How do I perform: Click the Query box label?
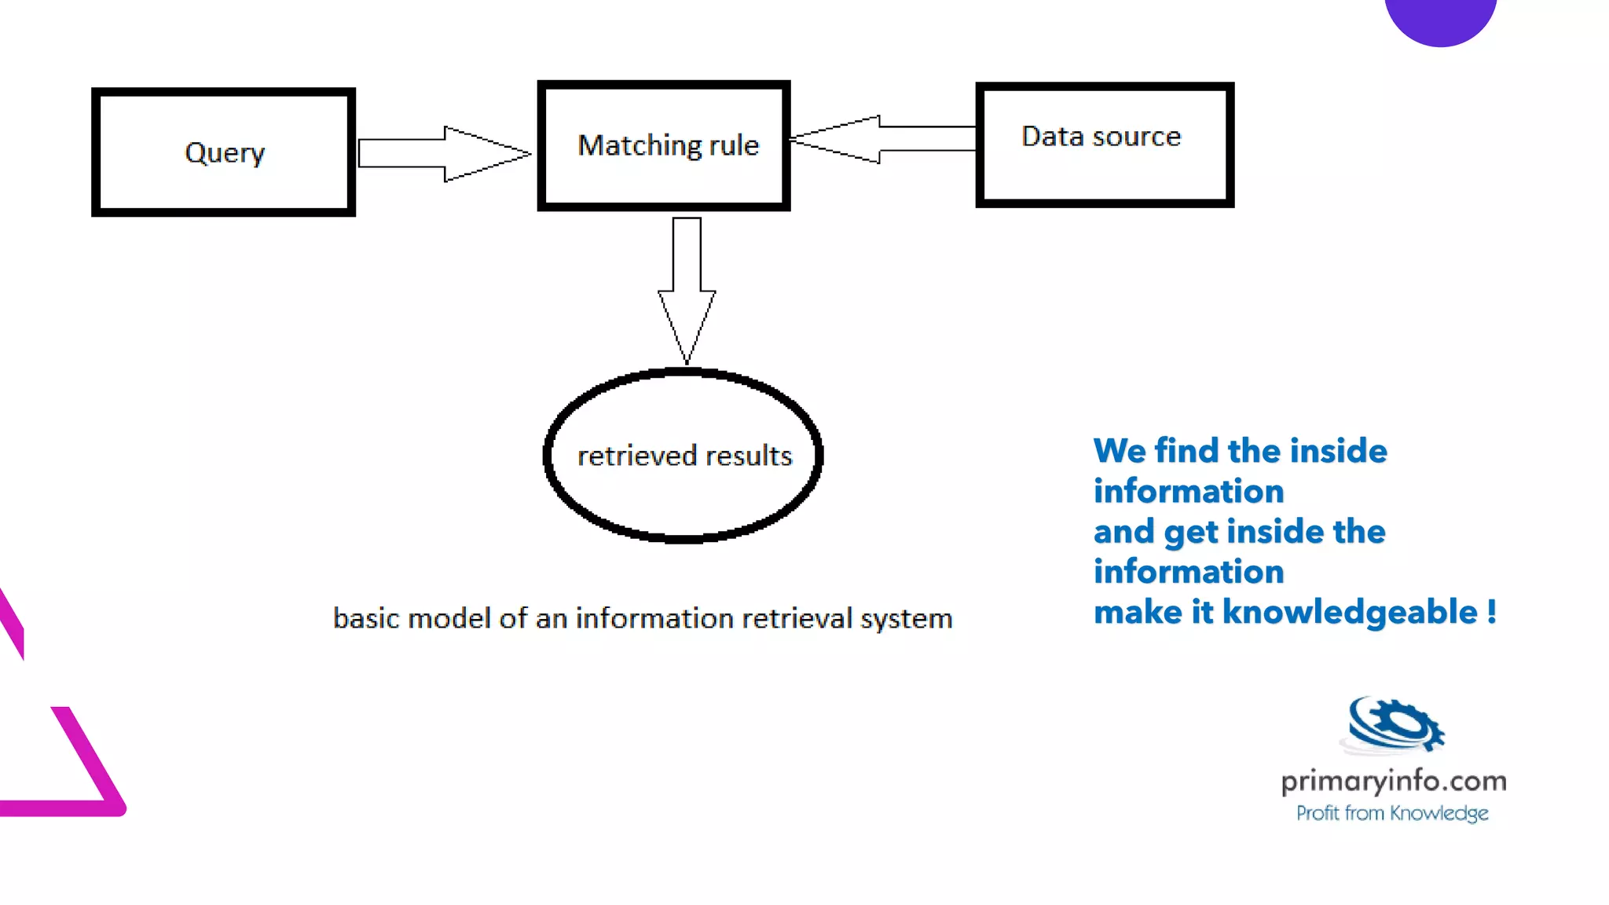[x=225, y=152]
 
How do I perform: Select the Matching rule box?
[x=665, y=146]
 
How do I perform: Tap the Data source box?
[x=1104, y=145]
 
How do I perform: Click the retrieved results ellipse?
[x=684, y=456]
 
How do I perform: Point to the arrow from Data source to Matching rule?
[x=880, y=139]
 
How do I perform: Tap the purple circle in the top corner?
[x=1440, y=16]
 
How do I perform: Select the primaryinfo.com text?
[x=1394, y=781]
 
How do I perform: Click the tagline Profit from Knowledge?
[x=1392, y=813]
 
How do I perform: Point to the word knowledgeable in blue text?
[x=1350, y=612]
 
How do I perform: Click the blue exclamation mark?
[x=1491, y=612]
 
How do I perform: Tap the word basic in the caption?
[x=366, y=618]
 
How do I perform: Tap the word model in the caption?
[x=449, y=618]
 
